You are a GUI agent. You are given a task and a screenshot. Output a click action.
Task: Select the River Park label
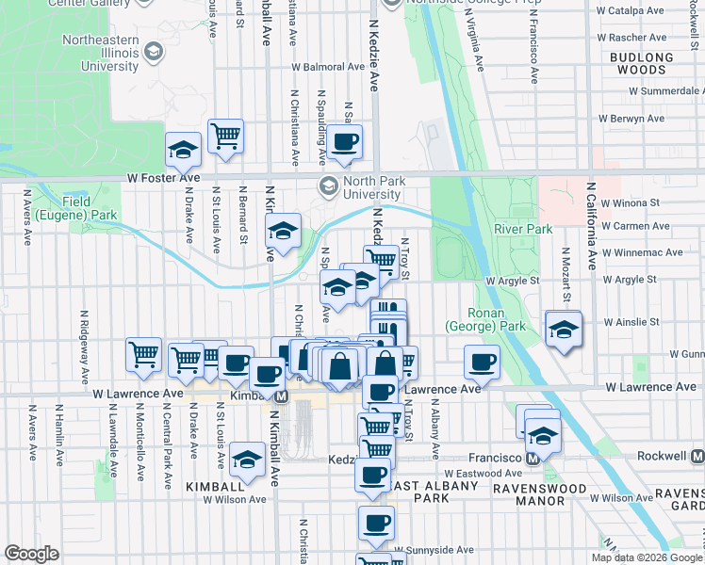pyautogui.click(x=522, y=229)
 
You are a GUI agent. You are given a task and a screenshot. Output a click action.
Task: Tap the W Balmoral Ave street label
pyautogui.click(x=327, y=68)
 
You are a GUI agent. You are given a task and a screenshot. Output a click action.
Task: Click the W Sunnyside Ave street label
pyautogui.click(x=434, y=549)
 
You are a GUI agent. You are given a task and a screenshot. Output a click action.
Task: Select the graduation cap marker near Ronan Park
pyautogui.click(x=564, y=330)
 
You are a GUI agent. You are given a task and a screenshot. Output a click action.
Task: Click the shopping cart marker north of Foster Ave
pyautogui.click(x=226, y=137)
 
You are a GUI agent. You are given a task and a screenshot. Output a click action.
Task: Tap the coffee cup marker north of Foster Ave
pyautogui.click(x=344, y=142)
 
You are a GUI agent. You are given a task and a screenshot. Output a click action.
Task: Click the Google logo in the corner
pyautogui.click(x=31, y=555)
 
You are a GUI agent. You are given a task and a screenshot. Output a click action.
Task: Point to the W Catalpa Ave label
pyautogui.click(x=629, y=10)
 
